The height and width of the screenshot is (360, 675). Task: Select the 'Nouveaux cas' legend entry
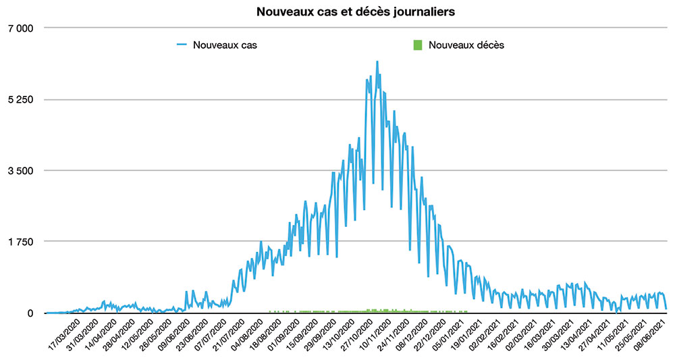(x=225, y=45)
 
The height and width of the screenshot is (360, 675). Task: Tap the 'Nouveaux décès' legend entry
(x=466, y=45)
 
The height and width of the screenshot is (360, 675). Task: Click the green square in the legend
(x=417, y=45)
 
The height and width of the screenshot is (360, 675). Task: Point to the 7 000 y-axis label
(x=20, y=28)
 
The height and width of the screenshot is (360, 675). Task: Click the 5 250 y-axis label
(x=20, y=99)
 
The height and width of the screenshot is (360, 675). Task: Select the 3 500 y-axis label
(x=20, y=170)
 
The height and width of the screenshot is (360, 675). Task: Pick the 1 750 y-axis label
(x=20, y=242)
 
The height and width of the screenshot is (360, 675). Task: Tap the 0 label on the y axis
(x=30, y=313)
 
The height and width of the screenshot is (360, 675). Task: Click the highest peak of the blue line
(x=377, y=61)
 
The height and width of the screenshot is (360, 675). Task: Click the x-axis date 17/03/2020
(x=67, y=336)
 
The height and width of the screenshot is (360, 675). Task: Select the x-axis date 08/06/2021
(x=651, y=336)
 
